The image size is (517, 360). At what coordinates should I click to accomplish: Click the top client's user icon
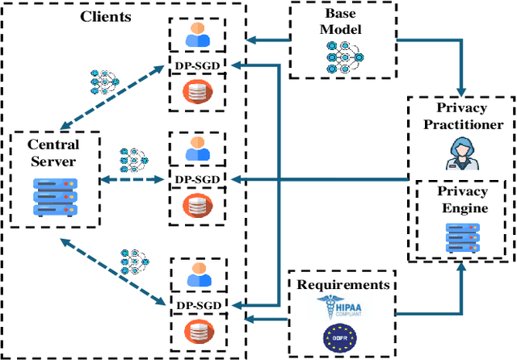[x=197, y=35]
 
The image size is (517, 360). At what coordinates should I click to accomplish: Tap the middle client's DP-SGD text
[x=197, y=178]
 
